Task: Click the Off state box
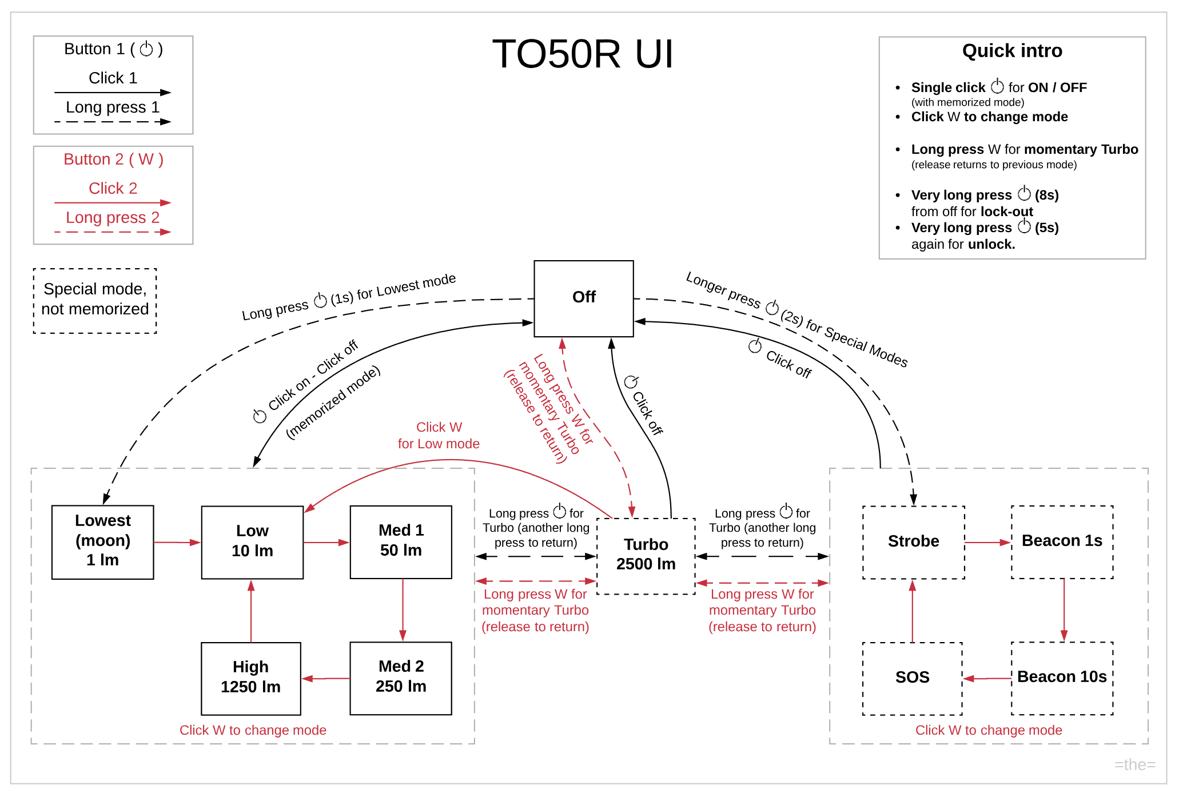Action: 583,298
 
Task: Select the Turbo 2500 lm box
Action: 646,555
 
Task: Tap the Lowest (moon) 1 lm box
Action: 103,541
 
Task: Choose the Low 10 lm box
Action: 252,541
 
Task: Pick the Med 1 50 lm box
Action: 401,541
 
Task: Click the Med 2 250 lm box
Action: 401,678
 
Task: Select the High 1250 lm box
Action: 251,678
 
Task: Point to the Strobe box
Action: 913,541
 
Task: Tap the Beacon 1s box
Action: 1062,541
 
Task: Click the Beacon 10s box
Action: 1062,678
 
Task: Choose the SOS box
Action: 912,678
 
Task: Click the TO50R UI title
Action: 583,55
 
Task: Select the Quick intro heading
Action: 1012,51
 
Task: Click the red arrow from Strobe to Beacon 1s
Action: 987,542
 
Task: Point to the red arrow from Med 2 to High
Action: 326,679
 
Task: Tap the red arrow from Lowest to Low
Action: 177,542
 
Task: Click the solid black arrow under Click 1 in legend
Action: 113,92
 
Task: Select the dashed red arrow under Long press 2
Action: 113,232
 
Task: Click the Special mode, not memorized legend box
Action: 95,300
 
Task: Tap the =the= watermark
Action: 1134,764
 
